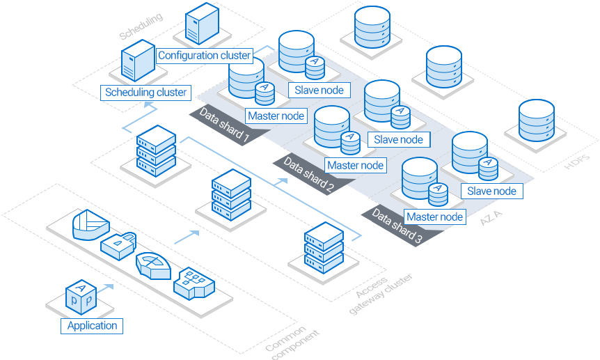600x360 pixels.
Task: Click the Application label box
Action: pyautogui.click(x=93, y=325)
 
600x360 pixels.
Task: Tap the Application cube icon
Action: pyautogui.click(x=81, y=297)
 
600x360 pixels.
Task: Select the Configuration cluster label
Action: pyautogui.click(x=204, y=55)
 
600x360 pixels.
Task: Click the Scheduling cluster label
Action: pyautogui.click(x=145, y=92)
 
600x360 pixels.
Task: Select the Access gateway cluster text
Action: pyautogui.click(x=379, y=291)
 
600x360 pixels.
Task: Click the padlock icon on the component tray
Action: pyautogui.click(x=119, y=244)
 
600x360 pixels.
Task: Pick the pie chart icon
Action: pyautogui.click(x=90, y=224)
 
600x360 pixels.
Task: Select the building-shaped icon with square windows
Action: pyautogui.click(x=194, y=283)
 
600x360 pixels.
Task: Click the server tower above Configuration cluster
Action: pyautogui.click(x=200, y=25)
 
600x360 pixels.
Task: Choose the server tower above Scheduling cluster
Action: pyautogui.click(x=137, y=62)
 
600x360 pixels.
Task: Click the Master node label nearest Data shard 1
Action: pyautogui.click(x=276, y=116)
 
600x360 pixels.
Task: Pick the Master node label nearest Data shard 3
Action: pyautogui.click(x=435, y=217)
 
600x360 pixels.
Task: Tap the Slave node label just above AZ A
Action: pyautogui.click(x=491, y=191)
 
